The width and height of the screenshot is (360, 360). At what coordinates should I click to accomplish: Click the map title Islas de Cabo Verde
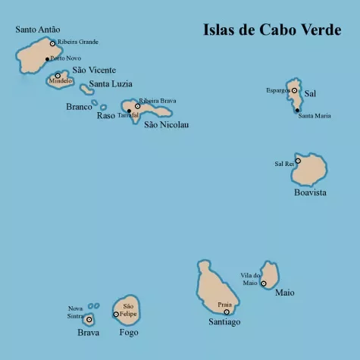click(x=271, y=30)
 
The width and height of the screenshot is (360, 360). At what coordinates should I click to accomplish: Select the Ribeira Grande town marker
click(x=52, y=43)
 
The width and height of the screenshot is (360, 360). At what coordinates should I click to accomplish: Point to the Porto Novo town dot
click(x=47, y=58)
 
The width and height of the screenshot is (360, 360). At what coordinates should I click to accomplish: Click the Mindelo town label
click(x=61, y=80)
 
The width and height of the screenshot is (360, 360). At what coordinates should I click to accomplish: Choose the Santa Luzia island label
click(x=111, y=84)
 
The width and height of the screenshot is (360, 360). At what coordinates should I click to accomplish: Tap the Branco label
click(x=79, y=107)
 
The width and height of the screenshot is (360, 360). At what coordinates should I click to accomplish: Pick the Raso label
click(x=106, y=116)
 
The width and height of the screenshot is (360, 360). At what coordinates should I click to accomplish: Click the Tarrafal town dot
click(x=129, y=111)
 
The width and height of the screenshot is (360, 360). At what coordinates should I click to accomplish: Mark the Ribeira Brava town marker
click(x=137, y=106)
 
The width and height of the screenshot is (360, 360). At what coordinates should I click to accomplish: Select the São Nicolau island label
click(x=166, y=124)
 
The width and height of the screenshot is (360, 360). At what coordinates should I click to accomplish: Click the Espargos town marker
click(x=294, y=90)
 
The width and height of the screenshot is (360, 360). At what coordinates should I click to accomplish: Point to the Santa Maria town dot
click(x=298, y=110)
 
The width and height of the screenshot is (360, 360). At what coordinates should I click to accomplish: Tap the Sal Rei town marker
click(x=298, y=161)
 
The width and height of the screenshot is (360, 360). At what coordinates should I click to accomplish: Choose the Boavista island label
click(x=310, y=193)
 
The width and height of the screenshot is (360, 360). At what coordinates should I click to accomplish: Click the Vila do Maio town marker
click(x=264, y=283)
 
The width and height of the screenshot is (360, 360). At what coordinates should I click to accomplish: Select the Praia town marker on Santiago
click(x=227, y=311)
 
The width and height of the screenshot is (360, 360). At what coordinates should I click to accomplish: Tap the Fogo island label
click(x=129, y=332)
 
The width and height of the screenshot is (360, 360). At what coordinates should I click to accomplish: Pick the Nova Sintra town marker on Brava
click(x=89, y=320)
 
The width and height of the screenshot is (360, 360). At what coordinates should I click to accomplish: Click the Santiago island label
click(x=224, y=322)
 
